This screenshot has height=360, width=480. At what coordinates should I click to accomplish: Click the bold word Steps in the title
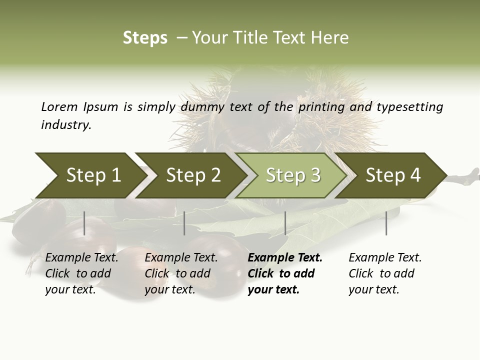pyautogui.click(x=145, y=38)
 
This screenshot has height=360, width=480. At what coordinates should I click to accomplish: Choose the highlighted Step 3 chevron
pyautogui.click(x=292, y=175)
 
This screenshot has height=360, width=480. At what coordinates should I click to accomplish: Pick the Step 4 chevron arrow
pyautogui.click(x=392, y=175)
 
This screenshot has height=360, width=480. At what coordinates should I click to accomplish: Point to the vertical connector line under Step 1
pyautogui.click(x=84, y=223)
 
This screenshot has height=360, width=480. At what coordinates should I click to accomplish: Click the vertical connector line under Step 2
pyautogui.click(x=184, y=223)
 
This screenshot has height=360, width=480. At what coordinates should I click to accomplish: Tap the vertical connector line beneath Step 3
pyautogui.click(x=285, y=223)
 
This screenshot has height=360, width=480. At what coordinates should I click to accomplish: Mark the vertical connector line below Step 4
pyautogui.click(x=386, y=223)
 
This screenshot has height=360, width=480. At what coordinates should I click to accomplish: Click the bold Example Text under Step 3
pyautogui.click(x=285, y=258)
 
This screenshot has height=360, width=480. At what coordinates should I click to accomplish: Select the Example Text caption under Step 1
pyautogui.click(x=81, y=258)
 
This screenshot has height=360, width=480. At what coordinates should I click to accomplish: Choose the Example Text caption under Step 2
pyautogui.click(x=181, y=258)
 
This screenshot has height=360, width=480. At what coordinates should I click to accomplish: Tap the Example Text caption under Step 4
pyautogui.click(x=385, y=258)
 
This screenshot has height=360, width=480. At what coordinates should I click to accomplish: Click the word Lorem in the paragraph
pyautogui.click(x=59, y=107)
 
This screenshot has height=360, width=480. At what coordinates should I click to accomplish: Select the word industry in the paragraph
pyautogui.click(x=66, y=125)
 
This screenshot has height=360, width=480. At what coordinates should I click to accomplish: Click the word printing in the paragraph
pyautogui.click(x=321, y=107)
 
